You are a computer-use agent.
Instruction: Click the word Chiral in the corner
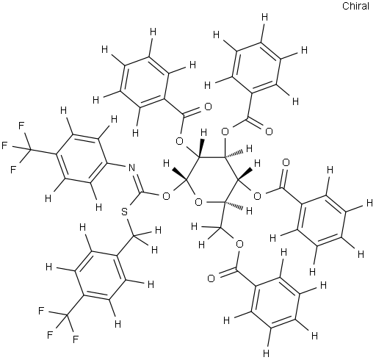tap(355, 6)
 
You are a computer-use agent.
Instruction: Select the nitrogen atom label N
tap(131, 168)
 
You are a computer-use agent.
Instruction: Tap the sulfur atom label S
tap(125, 212)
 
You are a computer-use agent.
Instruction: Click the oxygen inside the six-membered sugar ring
tap(198, 202)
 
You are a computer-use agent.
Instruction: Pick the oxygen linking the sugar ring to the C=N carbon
tap(166, 195)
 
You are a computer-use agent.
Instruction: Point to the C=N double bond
tap(137, 181)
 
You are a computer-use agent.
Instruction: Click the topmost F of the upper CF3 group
tap(21, 126)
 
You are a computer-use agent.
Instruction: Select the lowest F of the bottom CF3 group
tap(76, 339)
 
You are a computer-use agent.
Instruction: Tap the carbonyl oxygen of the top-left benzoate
tap(208, 107)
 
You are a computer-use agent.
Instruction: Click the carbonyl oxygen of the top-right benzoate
tap(269, 132)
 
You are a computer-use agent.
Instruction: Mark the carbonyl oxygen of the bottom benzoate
tap(211, 278)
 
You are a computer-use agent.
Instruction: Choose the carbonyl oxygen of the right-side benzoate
tap(286, 162)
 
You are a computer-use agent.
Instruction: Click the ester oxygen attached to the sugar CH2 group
tap(239, 244)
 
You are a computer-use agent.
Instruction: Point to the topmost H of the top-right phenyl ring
tap(264, 18)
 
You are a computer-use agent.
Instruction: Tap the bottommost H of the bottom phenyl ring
tap(266, 353)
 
